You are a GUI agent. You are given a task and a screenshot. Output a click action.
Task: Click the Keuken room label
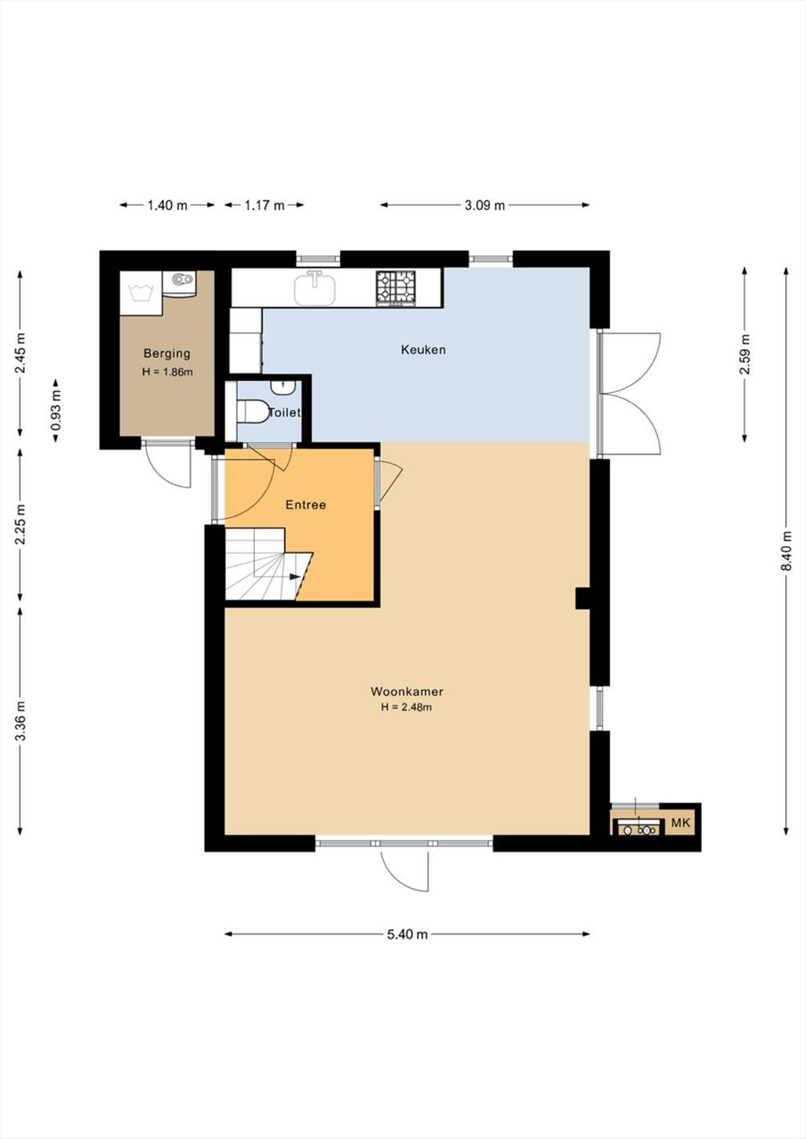click(x=423, y=350)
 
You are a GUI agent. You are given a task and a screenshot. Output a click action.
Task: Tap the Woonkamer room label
click(x=407, y=691)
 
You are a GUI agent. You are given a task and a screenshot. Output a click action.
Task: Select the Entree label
click(x=305, y=505)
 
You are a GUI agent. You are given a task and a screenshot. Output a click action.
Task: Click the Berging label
click(x=167, y=352)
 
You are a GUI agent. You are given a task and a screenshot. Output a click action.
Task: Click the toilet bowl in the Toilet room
click(x=253, y=411)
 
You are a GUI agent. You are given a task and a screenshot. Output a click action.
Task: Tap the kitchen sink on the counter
click(x=315, y=289)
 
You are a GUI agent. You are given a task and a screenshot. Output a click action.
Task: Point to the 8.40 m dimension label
click(x=787, y=551)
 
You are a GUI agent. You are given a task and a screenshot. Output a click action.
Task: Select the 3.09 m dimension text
click(x=485, y=205)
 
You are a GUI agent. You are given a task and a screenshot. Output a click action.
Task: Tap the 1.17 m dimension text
click(x=265, y=205)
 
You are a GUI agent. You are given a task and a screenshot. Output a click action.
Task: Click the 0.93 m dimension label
click(x=56, y=409)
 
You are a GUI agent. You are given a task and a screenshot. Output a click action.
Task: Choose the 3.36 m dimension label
click(x=20, y=721)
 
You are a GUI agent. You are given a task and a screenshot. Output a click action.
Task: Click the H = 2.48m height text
click(x=407, y=707)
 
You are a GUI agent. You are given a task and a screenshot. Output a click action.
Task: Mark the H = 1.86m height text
click(x=167, y=372)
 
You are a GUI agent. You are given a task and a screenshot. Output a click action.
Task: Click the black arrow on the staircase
click(x=294, y=576)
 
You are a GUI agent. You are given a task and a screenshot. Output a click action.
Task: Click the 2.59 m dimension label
click(x=744, y=353)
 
